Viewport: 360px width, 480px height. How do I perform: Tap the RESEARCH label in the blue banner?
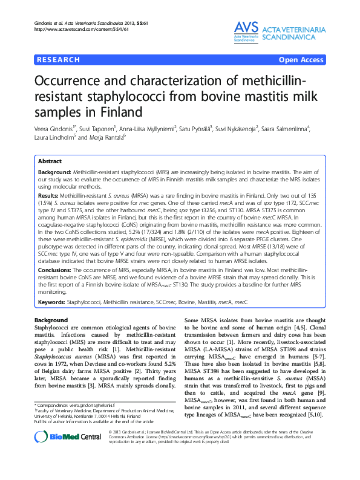coord(59,60)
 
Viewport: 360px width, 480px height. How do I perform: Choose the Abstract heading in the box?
coord(50,161)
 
